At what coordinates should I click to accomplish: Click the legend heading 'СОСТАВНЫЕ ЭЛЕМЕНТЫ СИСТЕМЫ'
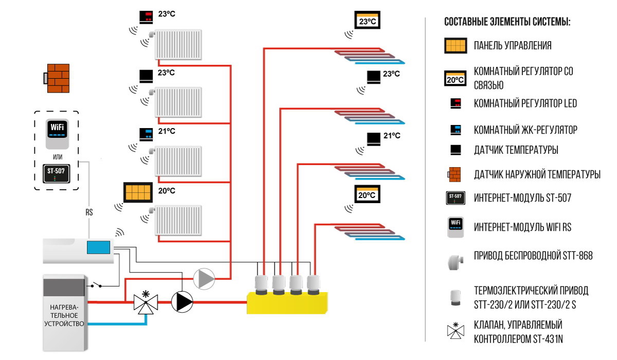click(507, 23)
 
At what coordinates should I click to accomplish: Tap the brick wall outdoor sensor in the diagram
click(57, 78)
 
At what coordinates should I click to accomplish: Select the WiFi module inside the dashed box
click(57, 133)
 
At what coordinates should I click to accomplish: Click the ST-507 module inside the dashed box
click(57, 173)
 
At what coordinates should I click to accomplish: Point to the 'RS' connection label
click(89, 211)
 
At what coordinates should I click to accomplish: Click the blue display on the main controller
click(99, 247)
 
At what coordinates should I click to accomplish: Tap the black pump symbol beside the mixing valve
click(182, 302)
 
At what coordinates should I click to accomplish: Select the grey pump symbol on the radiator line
click(204, 279)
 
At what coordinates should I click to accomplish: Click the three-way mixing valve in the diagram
click(146, 302)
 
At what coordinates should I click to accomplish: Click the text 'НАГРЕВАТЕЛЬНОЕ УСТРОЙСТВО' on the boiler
click(64, 315)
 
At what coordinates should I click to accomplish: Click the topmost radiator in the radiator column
click(178, 43)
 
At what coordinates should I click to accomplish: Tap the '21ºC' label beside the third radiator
click(167, 131)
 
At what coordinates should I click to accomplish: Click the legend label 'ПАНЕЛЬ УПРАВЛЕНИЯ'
click(513, 46)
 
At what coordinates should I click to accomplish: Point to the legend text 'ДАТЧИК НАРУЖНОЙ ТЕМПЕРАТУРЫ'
click(537, 175)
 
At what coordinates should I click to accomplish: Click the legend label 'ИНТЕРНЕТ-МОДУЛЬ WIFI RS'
click(522, 227)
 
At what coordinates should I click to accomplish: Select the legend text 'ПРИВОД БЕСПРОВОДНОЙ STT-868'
click(533, 256)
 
